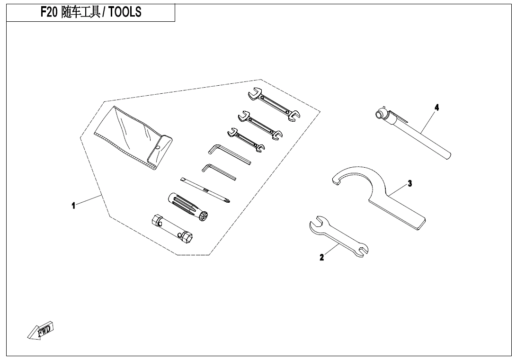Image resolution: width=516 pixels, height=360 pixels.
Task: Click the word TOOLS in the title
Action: [x=125, y=12]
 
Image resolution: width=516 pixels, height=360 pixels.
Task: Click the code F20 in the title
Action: [x=49, y=12]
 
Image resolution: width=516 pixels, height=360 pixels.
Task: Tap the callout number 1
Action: [x=73, y=206]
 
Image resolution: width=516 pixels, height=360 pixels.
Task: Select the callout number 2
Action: [x=321, y=257]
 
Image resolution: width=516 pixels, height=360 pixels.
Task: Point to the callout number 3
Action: [x=409, y=183]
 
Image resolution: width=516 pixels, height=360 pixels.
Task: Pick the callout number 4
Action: [x=436, y=108]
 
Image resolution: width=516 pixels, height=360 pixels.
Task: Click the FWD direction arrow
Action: [x=40, y=330]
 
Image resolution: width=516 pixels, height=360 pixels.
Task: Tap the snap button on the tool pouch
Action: [x=158, y=147]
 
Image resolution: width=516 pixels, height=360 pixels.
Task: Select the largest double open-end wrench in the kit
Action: [x=274, y=104]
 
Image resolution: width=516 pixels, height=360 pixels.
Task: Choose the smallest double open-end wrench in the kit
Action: [x=246, y=140]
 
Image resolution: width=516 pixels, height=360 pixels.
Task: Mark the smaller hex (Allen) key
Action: [x=219, y=171]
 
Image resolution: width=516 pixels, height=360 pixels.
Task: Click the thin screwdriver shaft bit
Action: [x=205, y=190]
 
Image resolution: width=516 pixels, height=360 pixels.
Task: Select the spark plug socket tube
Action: [x=172, y=229]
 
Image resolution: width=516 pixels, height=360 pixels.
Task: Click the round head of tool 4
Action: [x=380, y=114]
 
